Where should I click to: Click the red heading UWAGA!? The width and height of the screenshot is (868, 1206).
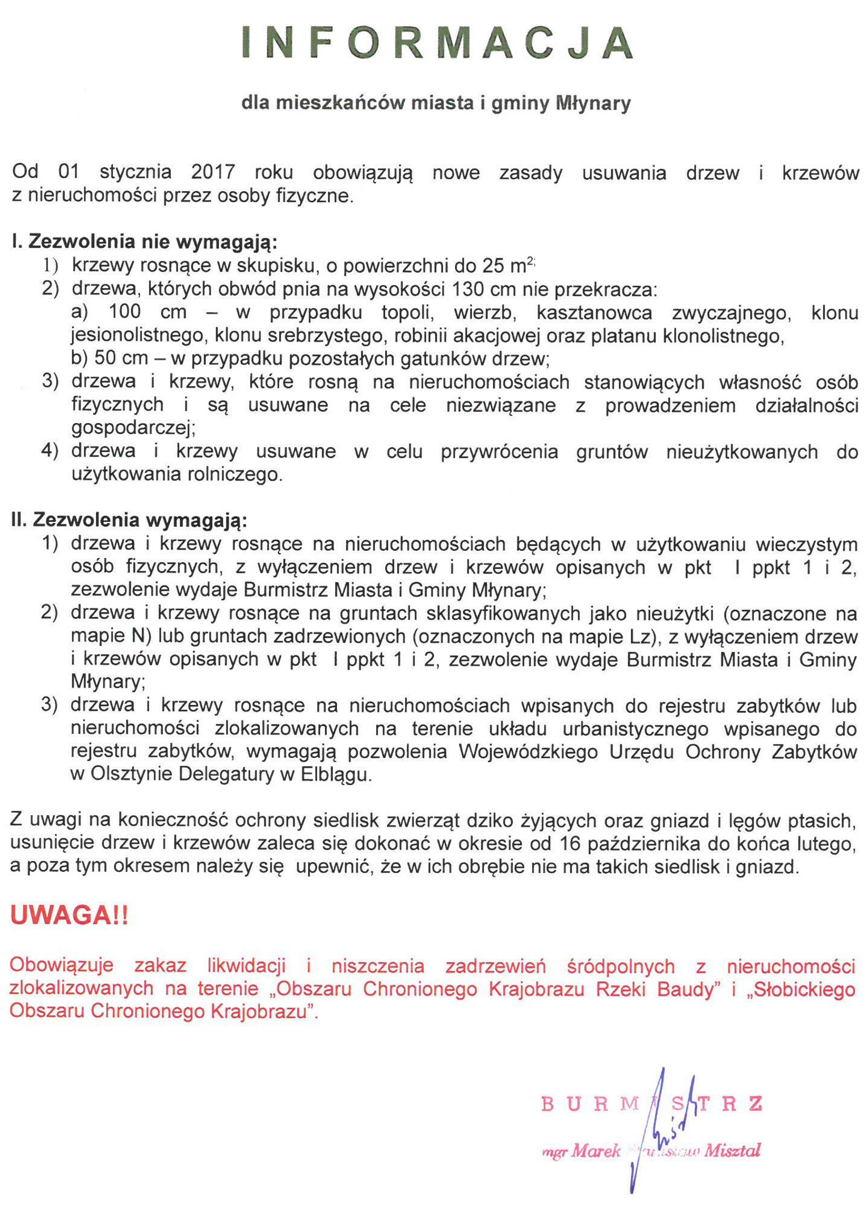click(x=69, y=915)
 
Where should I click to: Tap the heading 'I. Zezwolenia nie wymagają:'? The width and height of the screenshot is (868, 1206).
click(x=145, y=242)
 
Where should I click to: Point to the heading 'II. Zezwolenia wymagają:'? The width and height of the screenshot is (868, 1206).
click(x=129, y=520)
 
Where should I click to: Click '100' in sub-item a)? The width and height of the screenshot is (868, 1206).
click(x=124, y=312)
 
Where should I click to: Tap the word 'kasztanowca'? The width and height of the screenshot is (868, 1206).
click(x=594, y=313)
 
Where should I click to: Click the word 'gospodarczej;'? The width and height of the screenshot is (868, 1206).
click(x=133, y=428)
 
